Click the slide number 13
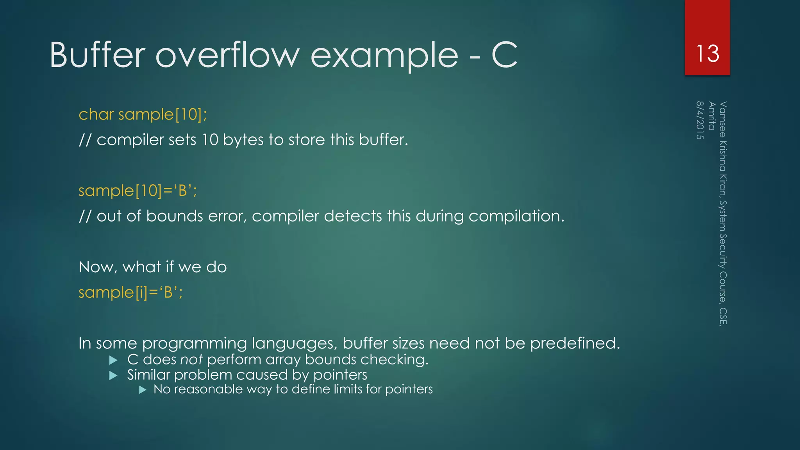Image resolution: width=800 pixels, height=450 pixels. (707, 54)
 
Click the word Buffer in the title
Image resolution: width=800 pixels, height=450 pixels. (98, 55)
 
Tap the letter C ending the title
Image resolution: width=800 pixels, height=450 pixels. (504, 55)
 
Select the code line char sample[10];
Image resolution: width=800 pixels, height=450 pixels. (143, 114)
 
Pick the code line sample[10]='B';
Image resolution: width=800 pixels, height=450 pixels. (137, 191)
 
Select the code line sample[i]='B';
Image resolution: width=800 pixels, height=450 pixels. (130, 293)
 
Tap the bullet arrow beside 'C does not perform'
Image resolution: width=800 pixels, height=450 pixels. (113, 360)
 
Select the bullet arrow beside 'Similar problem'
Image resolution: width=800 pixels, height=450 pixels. (113, 376)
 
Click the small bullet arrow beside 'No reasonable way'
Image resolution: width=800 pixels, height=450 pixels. (143, 390)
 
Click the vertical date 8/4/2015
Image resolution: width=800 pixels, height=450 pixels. (700, 120)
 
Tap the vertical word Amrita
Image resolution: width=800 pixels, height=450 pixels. (712, 116)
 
